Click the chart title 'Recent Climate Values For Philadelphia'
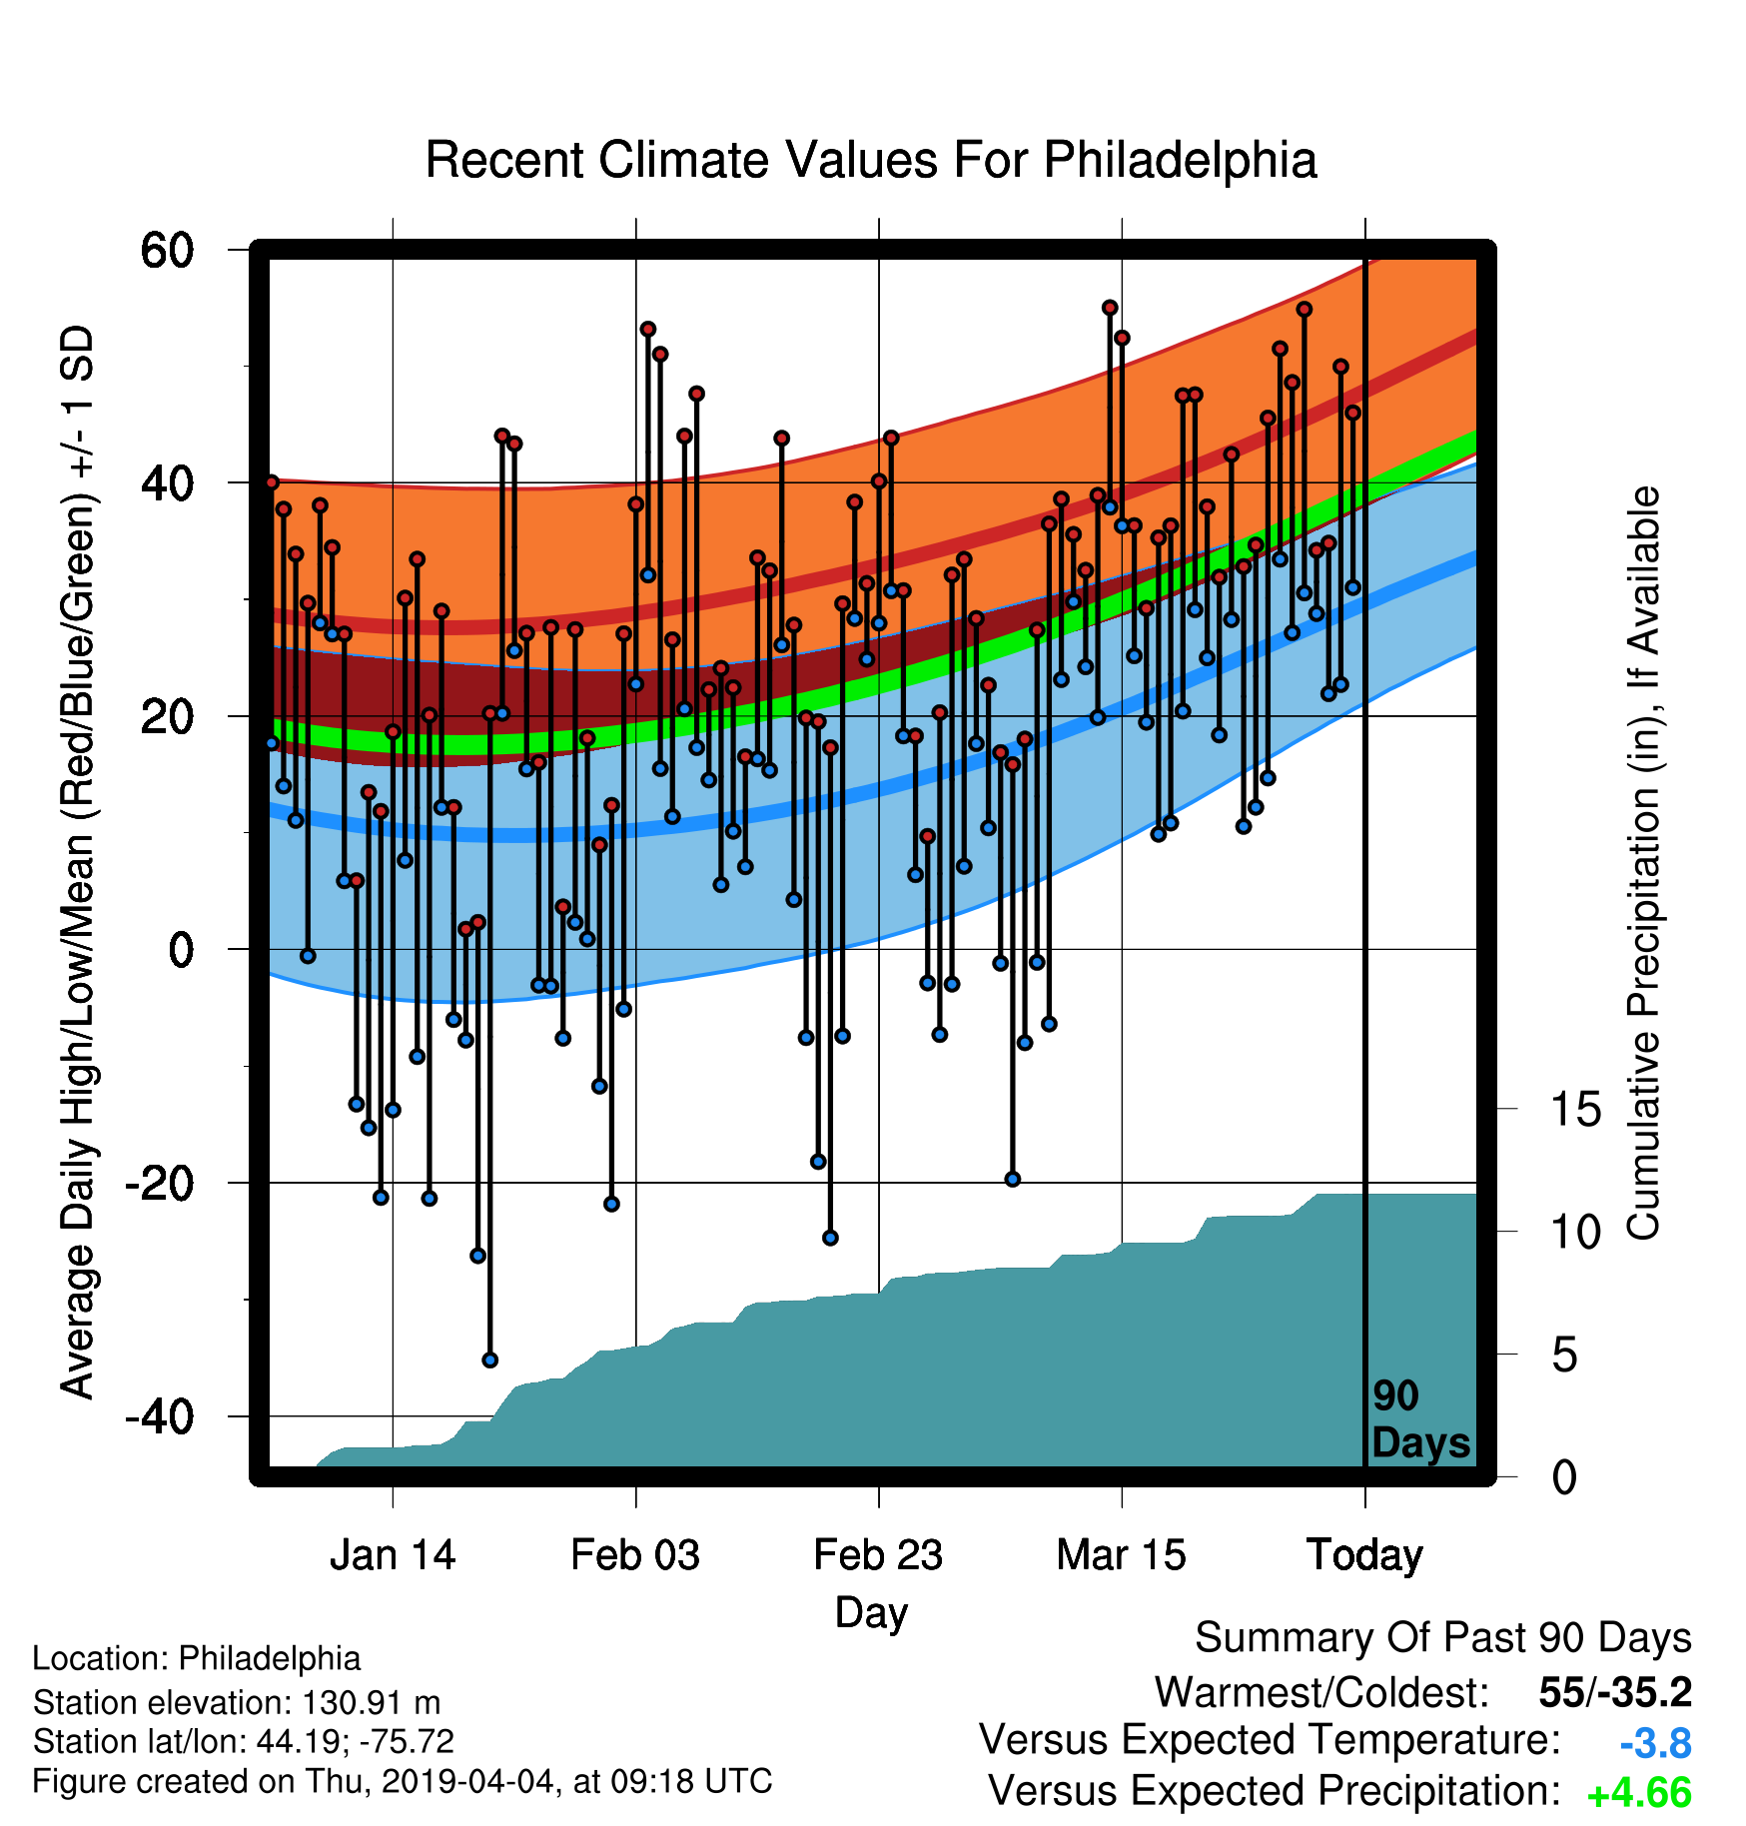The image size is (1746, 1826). [871, 161]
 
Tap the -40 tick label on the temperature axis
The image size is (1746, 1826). [159, 1416]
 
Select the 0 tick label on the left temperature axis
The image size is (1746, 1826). [181, 950]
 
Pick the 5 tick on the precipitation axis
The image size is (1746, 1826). [1564, 1355]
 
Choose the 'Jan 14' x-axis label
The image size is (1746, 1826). [393, 1555]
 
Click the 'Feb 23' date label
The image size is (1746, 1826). [878, 1555]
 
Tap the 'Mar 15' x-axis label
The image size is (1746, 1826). [1122, 1555]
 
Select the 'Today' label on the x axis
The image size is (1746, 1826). [1364, 1556]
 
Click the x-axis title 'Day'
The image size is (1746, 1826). [871, 1613]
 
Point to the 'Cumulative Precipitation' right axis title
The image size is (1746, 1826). [1643, 863]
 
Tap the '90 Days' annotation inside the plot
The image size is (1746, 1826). [1420, 1419]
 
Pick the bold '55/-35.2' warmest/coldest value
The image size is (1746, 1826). [1615, 1693]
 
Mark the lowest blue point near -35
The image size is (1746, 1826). [489, 1360]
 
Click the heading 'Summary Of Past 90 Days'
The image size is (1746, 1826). [1443, 1638]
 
